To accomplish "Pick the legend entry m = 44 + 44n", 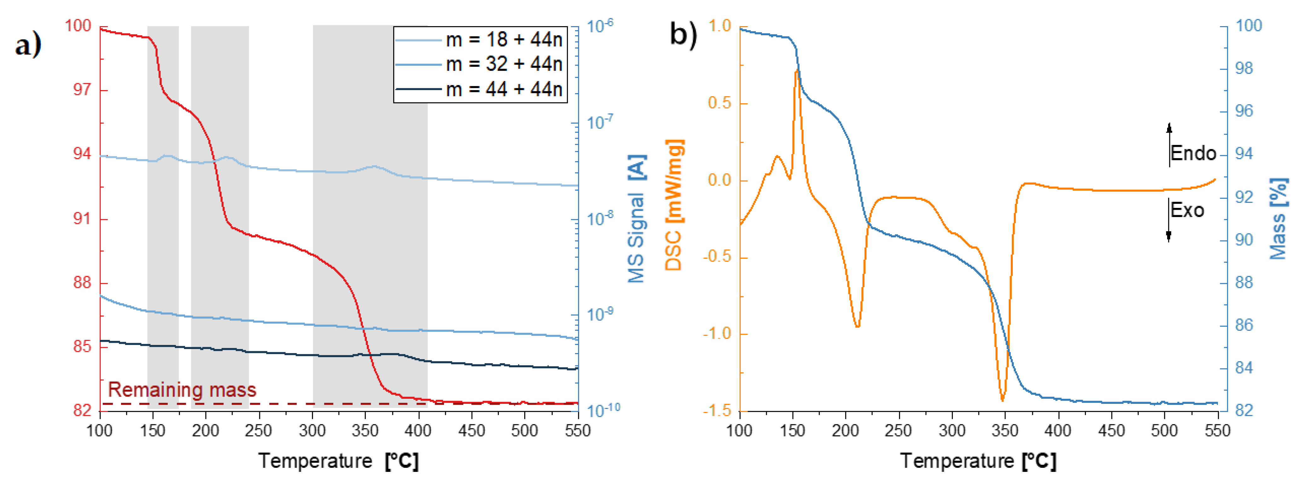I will tap(504, 89).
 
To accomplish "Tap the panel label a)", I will tap(28, 46).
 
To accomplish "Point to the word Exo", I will tap(1187, 210).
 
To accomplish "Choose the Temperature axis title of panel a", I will tap(339, 461).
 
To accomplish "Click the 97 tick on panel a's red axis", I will tap(82, 90).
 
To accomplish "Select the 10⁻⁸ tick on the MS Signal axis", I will tap(600, 219).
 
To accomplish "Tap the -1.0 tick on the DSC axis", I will tap(717, 334).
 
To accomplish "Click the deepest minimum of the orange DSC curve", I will tap(1002, 400).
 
